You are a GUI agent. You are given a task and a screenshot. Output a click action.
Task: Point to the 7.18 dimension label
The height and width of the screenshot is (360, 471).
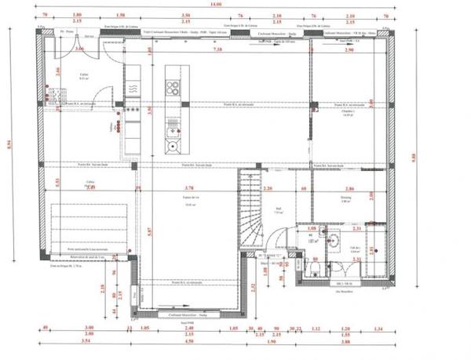tap(218, 49)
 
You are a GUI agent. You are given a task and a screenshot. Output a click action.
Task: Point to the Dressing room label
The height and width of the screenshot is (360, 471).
tap(345, 199)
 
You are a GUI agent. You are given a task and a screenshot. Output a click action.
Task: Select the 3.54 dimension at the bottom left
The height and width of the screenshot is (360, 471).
tap(88, 342)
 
